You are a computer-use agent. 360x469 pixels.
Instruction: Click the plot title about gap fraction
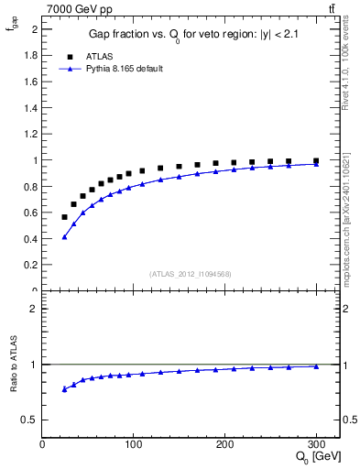[x=192, y=34]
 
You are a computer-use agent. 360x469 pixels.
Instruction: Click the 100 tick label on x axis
[x=134, y=444]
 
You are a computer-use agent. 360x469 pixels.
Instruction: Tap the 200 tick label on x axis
[x=225, y=444]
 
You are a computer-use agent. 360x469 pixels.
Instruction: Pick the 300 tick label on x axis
[x=316, y=444]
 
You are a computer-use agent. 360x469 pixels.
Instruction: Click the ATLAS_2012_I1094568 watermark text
[x=191, y=273]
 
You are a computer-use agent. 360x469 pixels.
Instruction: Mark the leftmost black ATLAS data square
[x=64, y=217]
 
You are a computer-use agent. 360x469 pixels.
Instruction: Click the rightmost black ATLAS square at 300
[x=316, y=161]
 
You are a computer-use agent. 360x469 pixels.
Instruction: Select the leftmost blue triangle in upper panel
[x=64, y=237]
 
